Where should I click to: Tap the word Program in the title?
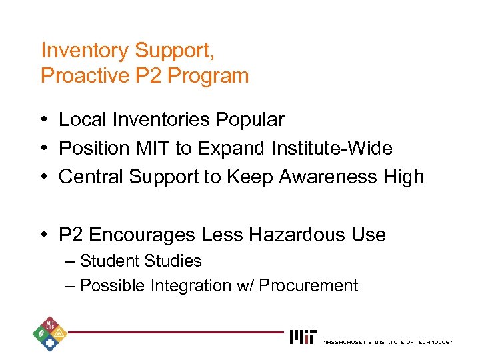(208, 76)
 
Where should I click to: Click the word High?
(402, 177)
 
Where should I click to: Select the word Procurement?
(308, 286)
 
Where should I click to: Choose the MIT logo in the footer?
(303, 337)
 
